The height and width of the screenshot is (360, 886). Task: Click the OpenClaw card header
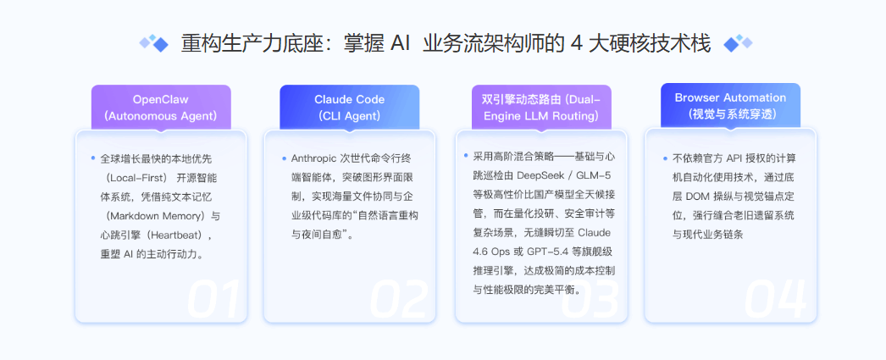(x=161, y=107)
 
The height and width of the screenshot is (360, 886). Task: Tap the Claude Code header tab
(x=349, y=107)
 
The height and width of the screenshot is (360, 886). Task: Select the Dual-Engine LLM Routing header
(x=540, y=107)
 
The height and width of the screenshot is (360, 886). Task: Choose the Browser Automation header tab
(x=730, y=105)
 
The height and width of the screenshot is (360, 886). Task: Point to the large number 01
(x=213, y=299)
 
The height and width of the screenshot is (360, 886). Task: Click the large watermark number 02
(x=401, y=299)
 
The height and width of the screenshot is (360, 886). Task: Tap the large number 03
(x=592, y=299)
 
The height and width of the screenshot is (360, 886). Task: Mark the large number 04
(x=781, y=299)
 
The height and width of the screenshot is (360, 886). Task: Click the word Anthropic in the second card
(x=314, y=158)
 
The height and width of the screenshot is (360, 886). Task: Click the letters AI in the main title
(x=401, y=43)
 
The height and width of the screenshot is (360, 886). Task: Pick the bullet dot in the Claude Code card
(x=282, y=158)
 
